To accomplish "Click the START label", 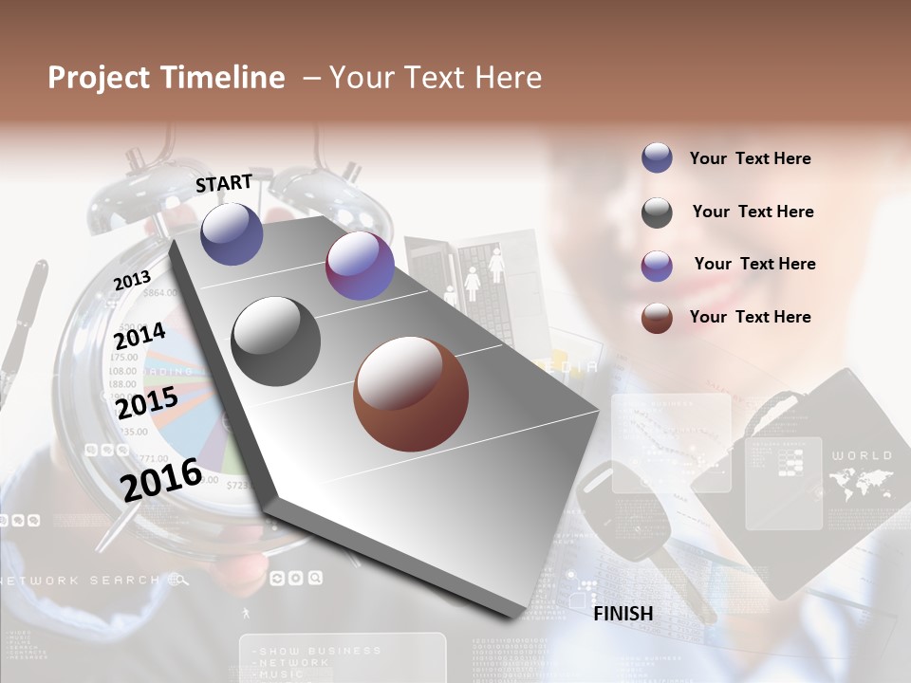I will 224,183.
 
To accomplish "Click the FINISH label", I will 623,614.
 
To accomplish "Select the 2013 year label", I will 132,281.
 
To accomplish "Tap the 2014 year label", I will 139,336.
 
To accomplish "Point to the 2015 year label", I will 147,403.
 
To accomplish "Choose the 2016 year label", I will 161,478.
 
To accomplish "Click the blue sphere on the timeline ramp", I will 232,233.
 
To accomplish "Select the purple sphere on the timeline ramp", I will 360,266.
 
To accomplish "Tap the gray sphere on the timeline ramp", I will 276,341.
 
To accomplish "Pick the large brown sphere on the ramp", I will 411,394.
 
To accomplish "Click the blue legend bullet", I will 657,158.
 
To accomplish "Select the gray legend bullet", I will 657,212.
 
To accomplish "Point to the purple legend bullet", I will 657,265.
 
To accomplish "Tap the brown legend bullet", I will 657,318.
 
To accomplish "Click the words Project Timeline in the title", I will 166,78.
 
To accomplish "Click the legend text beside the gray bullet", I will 753,212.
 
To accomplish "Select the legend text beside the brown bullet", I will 750,317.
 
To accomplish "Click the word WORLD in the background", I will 862,455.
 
